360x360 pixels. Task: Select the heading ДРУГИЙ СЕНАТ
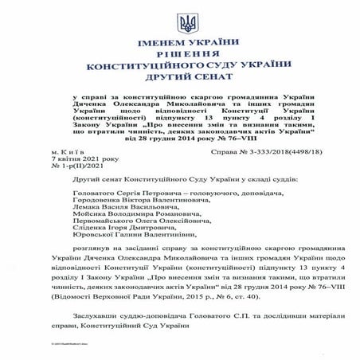pyautogui.click(x=179, y=83)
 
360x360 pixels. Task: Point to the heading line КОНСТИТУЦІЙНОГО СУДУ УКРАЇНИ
pyautogui.click(x=179, y=72)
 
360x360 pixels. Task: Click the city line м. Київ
pyautogui.click(x=61, y=149)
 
